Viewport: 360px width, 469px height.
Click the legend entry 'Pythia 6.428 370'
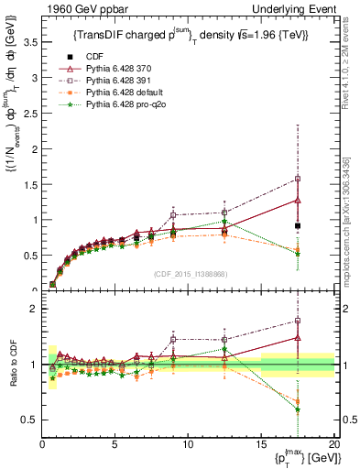pyautogui.click(x=113, y=71)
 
